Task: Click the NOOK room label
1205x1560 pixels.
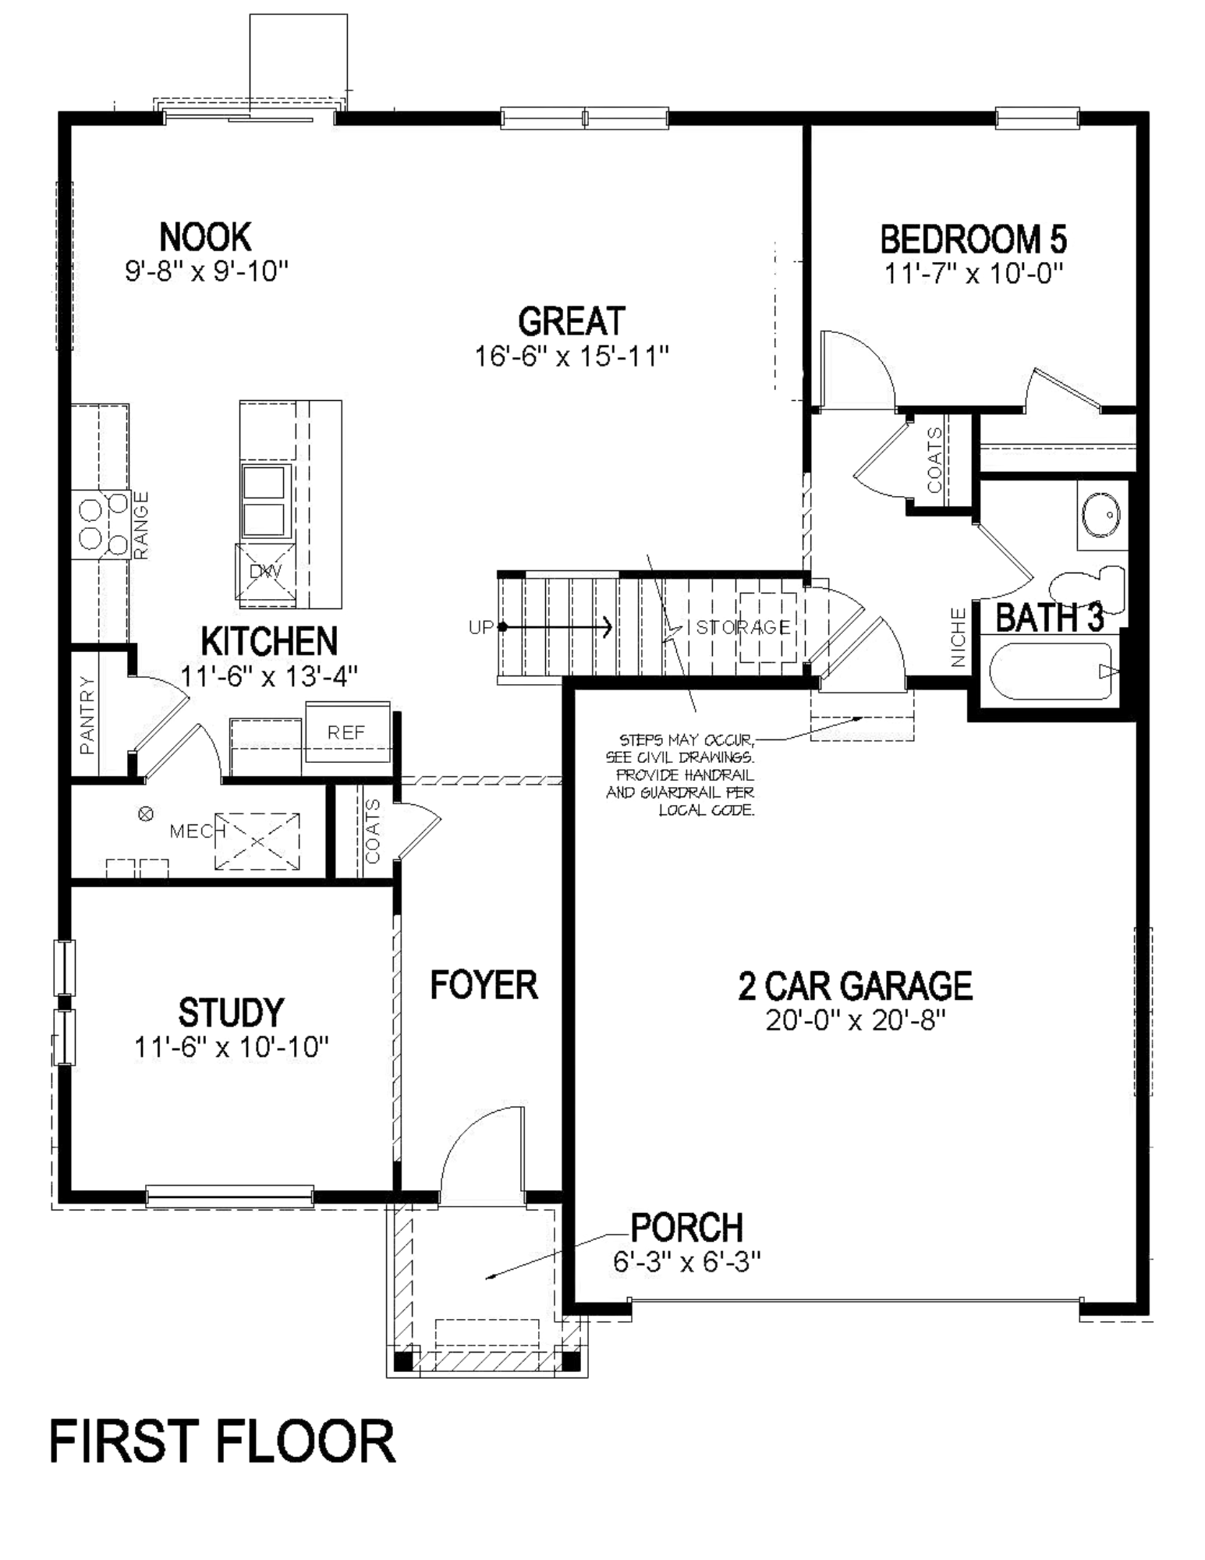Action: (x=205, y=236)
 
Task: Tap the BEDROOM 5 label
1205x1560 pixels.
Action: (x=973, y=239)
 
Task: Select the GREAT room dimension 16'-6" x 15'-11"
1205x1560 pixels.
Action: (x=572, y=356)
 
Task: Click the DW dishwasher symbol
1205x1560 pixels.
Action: (x=265, y=572)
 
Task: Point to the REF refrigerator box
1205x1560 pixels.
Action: (x=346, y=732)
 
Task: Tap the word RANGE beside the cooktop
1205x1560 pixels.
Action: (x=141, y=525)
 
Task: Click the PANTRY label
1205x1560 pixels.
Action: (x=87, y=715)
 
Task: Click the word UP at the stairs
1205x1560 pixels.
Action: (x=480, y=627)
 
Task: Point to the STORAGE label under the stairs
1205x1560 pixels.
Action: (x=742, y=627)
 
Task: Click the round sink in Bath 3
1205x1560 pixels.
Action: (x=1101, y=515)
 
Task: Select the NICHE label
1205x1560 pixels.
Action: (x=959, y=638)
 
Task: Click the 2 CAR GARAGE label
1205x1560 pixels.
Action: (x=855, y=985)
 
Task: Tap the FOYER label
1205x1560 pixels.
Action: (x=484, y=985)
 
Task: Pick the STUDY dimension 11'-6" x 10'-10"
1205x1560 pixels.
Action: (x=231, y=1047)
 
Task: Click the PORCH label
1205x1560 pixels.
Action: (x=686, y=1227)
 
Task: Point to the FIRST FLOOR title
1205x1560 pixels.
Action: (x=222, y=1442)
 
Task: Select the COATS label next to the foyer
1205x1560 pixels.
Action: (x=373, y=831)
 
